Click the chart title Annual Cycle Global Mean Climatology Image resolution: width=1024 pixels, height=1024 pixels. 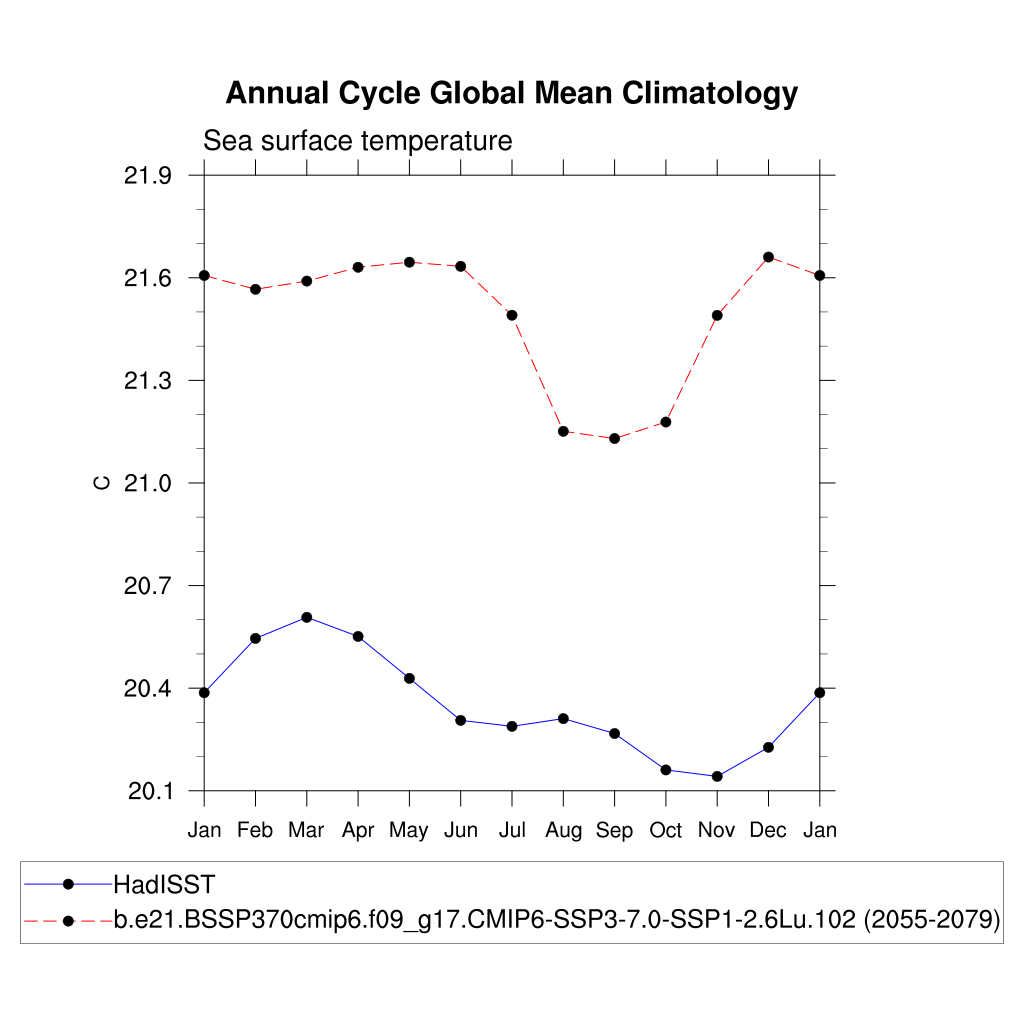[511, 93]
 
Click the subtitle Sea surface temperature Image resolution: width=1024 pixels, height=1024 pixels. [357, 141]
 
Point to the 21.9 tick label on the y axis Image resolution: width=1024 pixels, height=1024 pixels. [147, 176]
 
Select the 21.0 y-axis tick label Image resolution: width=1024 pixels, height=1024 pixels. [147, 484]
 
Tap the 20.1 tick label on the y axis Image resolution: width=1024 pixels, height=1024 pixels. [147, 792]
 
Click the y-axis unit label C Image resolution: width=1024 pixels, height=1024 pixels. [101, 484]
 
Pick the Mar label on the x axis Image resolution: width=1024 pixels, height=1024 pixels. [306, 830]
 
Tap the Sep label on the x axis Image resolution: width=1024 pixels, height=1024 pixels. [614, 830]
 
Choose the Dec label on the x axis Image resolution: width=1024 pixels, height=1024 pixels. [768, 830]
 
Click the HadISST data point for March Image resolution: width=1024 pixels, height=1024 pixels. [307, 617]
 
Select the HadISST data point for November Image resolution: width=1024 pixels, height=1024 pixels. [717, 776]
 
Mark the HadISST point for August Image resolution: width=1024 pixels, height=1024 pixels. [563, 718]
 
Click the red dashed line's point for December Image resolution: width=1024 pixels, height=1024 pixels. [768, 257]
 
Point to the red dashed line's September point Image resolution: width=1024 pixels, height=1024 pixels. [615, 438]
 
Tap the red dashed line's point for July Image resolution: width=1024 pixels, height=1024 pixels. [512, 315]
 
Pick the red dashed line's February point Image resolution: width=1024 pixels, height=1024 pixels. [255, 289]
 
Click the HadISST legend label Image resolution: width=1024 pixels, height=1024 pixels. [164, 884]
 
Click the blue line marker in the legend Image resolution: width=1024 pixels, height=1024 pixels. [68, 884]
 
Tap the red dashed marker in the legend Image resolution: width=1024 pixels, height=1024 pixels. [68, 919]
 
